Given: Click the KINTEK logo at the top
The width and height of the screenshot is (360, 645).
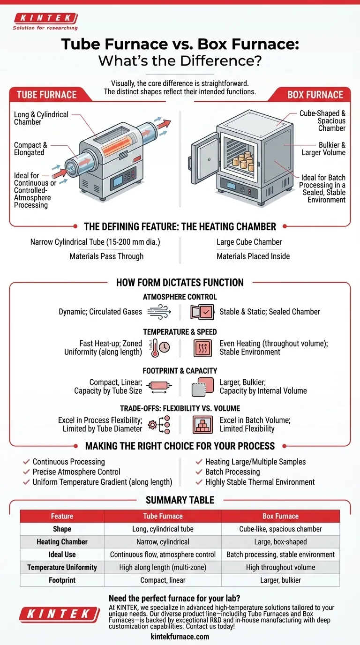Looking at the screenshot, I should click(45, 19).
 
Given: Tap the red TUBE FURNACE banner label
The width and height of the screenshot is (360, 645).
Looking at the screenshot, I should click(46, 95).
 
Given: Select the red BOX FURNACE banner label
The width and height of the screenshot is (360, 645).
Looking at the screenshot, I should click(315, 95).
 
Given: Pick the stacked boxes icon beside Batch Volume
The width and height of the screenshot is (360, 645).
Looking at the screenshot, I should click(202, 424).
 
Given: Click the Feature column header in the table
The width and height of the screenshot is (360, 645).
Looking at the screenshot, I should click(62, 516).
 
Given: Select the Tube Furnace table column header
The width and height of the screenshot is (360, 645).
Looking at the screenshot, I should click(163, 516).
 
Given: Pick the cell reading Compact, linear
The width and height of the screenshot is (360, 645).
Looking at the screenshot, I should click(163, 580).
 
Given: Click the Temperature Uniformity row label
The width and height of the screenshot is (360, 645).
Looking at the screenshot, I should click(62, 567).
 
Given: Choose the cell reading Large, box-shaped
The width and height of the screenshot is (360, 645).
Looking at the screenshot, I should click(280, 541).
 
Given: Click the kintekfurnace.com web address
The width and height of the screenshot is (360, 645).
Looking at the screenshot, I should click(180, 637).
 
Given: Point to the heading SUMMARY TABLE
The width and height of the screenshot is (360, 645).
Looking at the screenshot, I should click(180, 500).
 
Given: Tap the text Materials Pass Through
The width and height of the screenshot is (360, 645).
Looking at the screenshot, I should click(106, 256).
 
